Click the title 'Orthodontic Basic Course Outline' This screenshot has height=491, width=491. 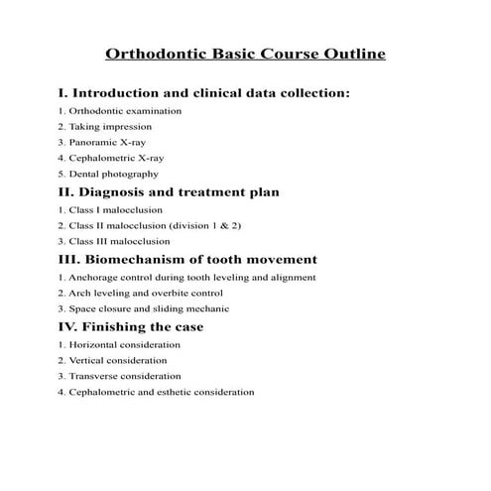[245, 54]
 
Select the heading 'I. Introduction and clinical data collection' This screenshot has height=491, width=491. [204, 93]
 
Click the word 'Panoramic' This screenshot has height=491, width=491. [91, 143]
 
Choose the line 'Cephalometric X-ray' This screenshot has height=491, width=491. [111, 159]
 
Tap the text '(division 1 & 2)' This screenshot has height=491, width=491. [205, 225]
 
